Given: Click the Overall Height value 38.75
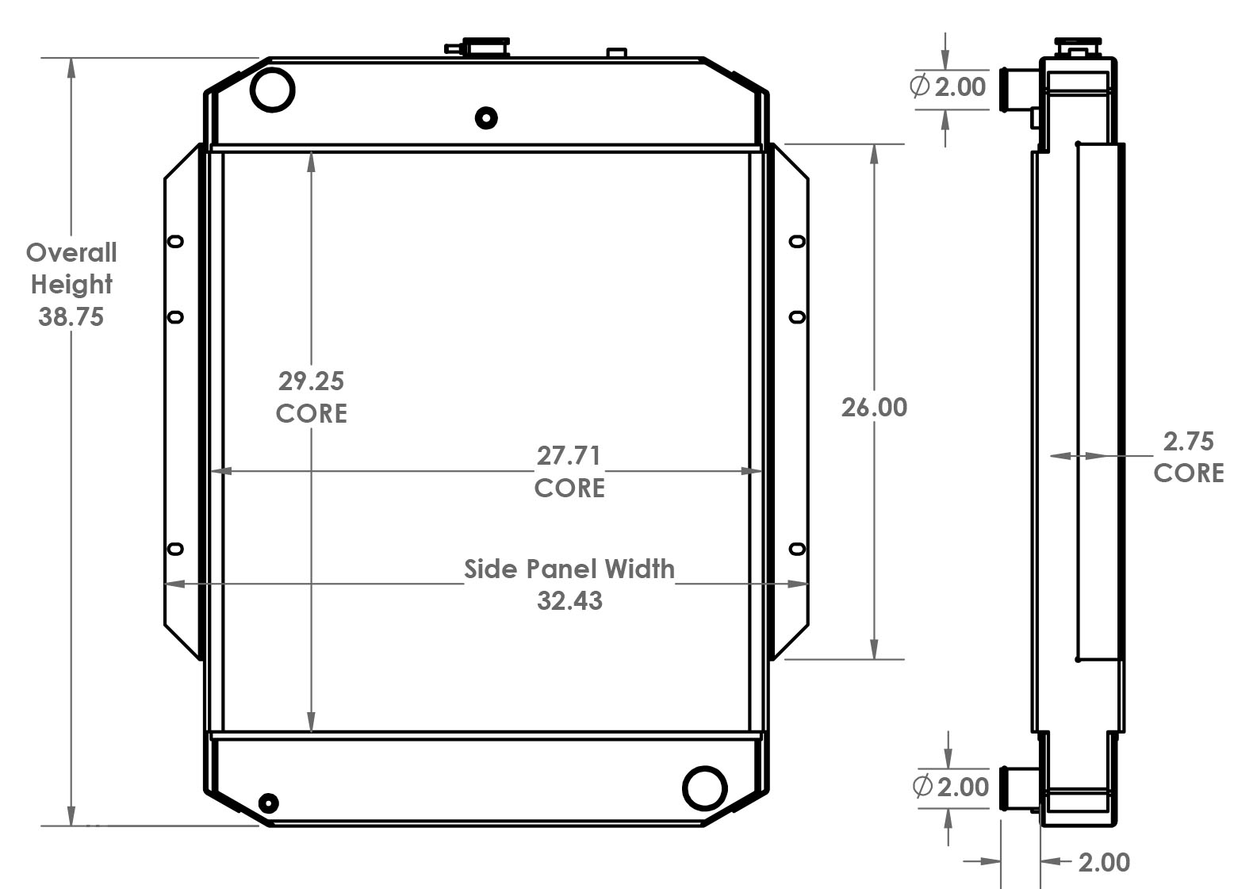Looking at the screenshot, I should pyautogui.click(x=71, y=316).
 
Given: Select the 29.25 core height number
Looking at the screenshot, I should pyautogui.click(x=311, y=381).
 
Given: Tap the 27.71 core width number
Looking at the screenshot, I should pyautogui.click(x=569, y=455).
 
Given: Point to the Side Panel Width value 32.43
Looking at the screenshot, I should pyautogui.click(x=569, y=600).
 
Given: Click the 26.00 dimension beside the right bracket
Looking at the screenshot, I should pyautogui.click(x=874, y=407).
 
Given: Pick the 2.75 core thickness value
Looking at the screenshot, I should pyautogui.click(x=1188, y=441).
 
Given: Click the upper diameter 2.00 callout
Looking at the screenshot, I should pyautogui.click(x=948, y=86).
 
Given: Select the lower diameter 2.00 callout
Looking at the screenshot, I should pyautogui.click(x=951, y=787).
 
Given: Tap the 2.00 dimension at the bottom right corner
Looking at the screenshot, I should pyautogui.click(x=1104, y=862).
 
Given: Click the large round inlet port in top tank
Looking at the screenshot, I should pyautogui.click(x=272, y=89).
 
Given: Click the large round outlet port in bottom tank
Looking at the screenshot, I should pyautogui.click(x=704, y=787).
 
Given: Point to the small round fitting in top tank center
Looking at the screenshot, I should pyautogui.click(x=486, y=118).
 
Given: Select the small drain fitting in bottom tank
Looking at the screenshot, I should pyautogui.click(x=269, y=803).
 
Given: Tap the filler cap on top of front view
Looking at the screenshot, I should pyautogui.click(x=485, y=47).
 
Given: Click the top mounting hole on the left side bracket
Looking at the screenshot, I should pyautogui.click(x=176, y=241).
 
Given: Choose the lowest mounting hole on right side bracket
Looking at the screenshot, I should pyautogui.click(x=798, y=549).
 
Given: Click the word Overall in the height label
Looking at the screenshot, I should pyautogui.click(x=71, y=253).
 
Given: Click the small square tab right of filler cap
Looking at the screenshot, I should pyautogui.click(x=616, y=53).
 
